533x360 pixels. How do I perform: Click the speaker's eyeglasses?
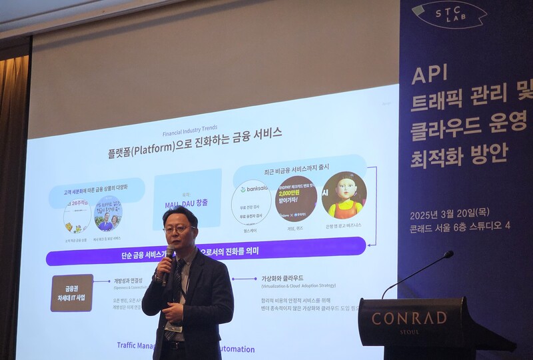click(179, 229)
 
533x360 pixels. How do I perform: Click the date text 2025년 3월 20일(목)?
click(450, 213)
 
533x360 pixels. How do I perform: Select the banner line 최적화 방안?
click(459, 154)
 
